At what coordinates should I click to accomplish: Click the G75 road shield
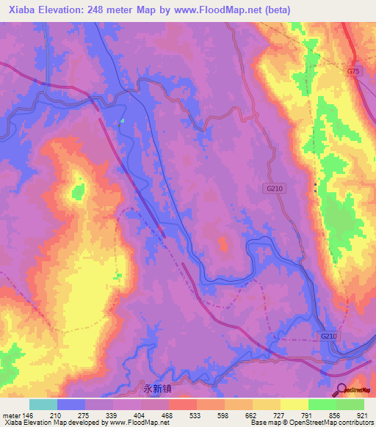(355, 71)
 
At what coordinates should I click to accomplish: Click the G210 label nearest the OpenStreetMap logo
(328, 336)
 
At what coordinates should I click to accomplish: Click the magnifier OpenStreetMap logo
(342, 390)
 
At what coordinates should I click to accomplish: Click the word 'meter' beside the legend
(11, 416)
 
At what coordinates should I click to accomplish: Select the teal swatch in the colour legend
(43, 404)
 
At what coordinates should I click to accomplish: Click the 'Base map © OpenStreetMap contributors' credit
(311, 423)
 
